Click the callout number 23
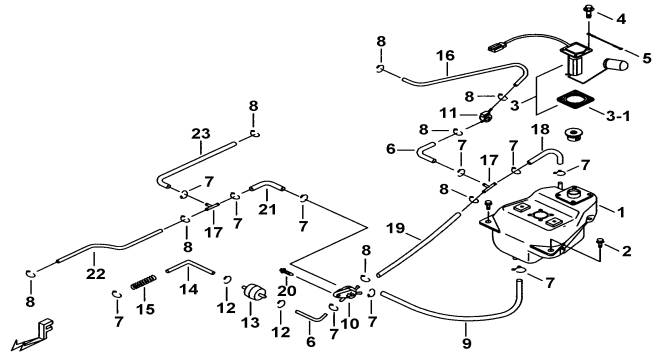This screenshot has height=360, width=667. click(x=200, y=134)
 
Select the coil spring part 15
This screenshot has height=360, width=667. click(x=143, y=282)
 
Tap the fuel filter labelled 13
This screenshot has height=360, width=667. click(x=254, y=293)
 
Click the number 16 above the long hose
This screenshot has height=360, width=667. click(x=445, y=56)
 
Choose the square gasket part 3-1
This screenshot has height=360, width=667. click(x=575, y=102)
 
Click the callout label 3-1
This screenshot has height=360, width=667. click(x=618, y=115)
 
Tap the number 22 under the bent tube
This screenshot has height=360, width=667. click(x=96, y=274)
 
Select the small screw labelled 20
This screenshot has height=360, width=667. click(x=286, y=271)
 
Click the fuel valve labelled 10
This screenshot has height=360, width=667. click(x=348, y=292)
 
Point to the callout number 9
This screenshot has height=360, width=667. click(x=466, y=343)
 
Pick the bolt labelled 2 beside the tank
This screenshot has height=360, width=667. click(x=600, y=244)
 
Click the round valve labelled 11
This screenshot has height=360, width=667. click(x=485, y=116)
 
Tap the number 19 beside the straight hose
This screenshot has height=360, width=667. click(x=396, y=229)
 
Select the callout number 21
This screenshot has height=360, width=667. click(x=267, y=209)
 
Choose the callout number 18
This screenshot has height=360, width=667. click(x=540, y=129)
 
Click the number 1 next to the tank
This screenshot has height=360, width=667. click(x=621, y=212)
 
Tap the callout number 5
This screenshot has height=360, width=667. click(x=647, y=58)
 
